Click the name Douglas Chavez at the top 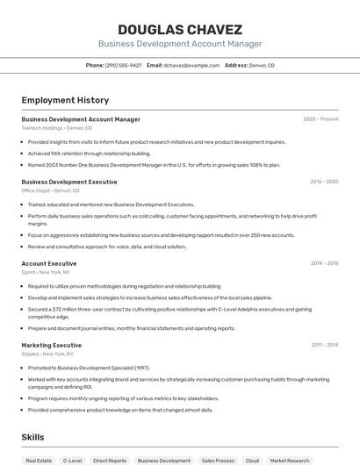coord(179,29)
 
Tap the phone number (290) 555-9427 coord(123,65)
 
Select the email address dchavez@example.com coord(191,65)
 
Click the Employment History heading coord(65,100)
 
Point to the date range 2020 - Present coord(320,119)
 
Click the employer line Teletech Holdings coord(56,128)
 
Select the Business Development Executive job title coord(69,182)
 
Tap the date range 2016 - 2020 coord(324,182)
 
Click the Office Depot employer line coord(50,190)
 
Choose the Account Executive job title coord(49,263)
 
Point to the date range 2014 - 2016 coord(324,263)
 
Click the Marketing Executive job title coord(52,346)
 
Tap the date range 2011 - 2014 coord(324,346)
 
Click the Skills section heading coord(32,436)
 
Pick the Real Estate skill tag coord(39,460)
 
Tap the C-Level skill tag coord(73,460)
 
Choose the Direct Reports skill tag coord(110,460)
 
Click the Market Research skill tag coord(290,460)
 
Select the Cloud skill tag coord(252,460)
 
